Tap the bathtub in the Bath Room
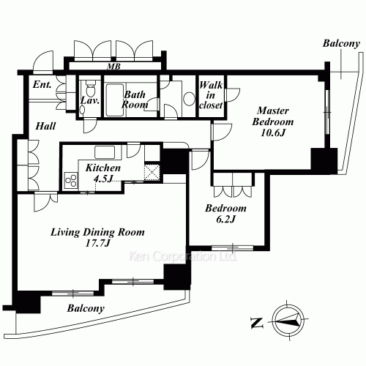click(x=114, y=100)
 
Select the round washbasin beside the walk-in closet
click(x=189, y=99)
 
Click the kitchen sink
click(x=105, y=152)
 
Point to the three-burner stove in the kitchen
click(x=71, y=181)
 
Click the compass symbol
click(x=288, y=321)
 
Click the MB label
click(x=114, y=66)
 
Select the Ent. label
click(x=42, y=84)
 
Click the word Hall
click(x=45, y=126)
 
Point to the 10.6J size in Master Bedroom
click(x=273, y=132)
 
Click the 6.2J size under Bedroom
click(x=225, y=219)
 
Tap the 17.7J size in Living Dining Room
click(x=98, y=243)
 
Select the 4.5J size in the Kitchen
click(x=103, y=179)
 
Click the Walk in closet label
click(x=211, y=95)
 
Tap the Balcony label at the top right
click(x=341, y=43)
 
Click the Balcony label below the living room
click(x=86, y=308)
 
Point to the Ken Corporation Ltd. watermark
click(x=183, y=256)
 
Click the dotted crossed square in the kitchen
click(x=152, y=173)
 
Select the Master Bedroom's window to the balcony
click(x=327, y=112)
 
